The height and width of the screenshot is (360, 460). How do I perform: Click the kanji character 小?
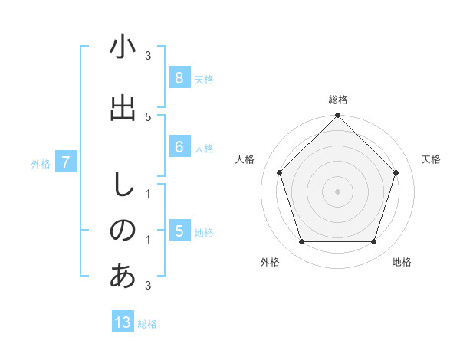coord(123,47)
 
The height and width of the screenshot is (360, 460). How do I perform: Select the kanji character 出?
coord(123,108)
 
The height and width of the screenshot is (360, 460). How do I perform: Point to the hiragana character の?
coord(123,231)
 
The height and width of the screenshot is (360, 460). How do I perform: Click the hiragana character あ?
coord(123,277)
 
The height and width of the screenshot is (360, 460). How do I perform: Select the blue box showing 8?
coord(179,78)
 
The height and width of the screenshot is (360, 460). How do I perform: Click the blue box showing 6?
coord(179,147)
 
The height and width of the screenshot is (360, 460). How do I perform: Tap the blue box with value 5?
coord(179,231)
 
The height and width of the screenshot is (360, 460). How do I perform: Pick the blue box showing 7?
coord(66,162)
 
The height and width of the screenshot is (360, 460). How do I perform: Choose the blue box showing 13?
coord(123,322)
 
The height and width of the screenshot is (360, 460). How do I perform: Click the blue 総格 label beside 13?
coord(147,324)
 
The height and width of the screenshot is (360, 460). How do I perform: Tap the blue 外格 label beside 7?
coord(41,163)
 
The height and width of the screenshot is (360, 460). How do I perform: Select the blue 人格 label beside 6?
coord(204,148)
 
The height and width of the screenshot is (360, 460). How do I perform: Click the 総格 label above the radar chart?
coord(337,100)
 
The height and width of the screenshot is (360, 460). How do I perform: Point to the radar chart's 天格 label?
coord(431,159)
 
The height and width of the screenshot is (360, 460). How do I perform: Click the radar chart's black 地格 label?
coord(402,262)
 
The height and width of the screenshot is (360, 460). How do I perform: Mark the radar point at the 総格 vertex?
coord(337,116)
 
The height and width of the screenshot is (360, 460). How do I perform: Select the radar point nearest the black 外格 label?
coord(301,242)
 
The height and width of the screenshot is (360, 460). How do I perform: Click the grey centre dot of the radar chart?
coord(337,191)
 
